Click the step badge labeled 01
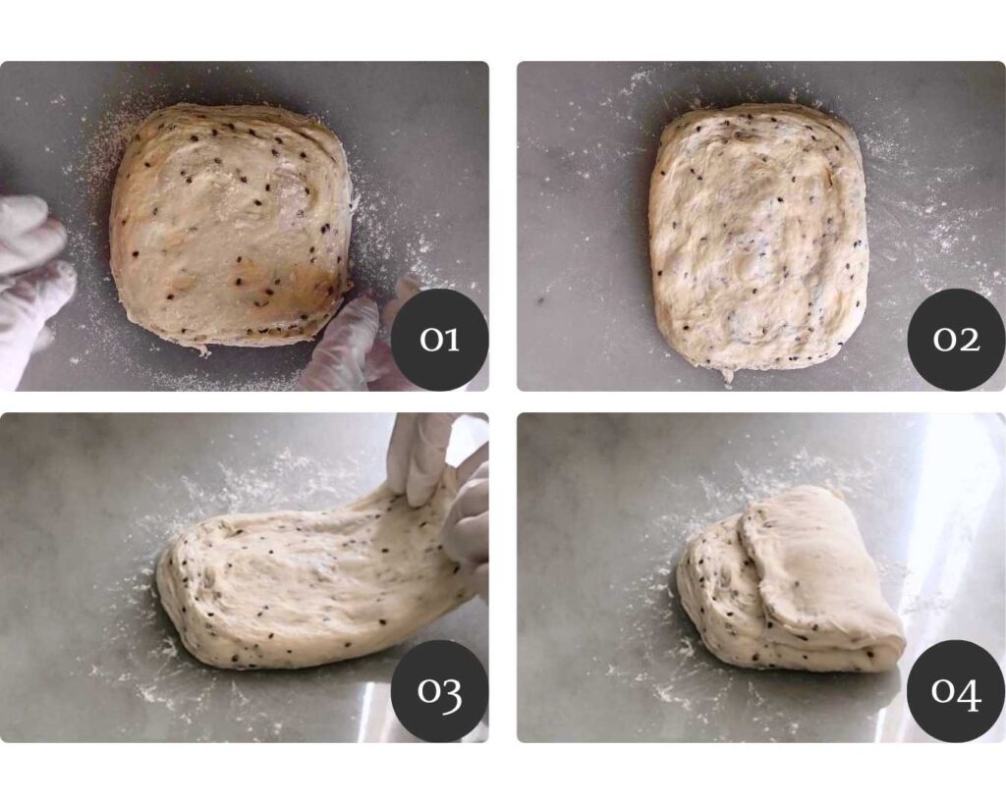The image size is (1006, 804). [x=439, y=339]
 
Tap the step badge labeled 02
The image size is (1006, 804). [x=956, y=339]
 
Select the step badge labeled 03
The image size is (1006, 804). [x=439, y=690]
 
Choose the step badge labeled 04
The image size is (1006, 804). [x=956, y=690]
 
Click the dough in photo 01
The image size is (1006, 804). [x=231, y=228]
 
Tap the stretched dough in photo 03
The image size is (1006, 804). [x=314, y=577]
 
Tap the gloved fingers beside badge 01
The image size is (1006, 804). [x=360, y=340]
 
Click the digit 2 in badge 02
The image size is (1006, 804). [x=969, y=340]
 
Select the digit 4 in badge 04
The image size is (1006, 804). [x=970, y=694]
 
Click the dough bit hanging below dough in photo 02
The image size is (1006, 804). [x=728, y=376]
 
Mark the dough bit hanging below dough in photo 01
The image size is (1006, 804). [x=202, y=350]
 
